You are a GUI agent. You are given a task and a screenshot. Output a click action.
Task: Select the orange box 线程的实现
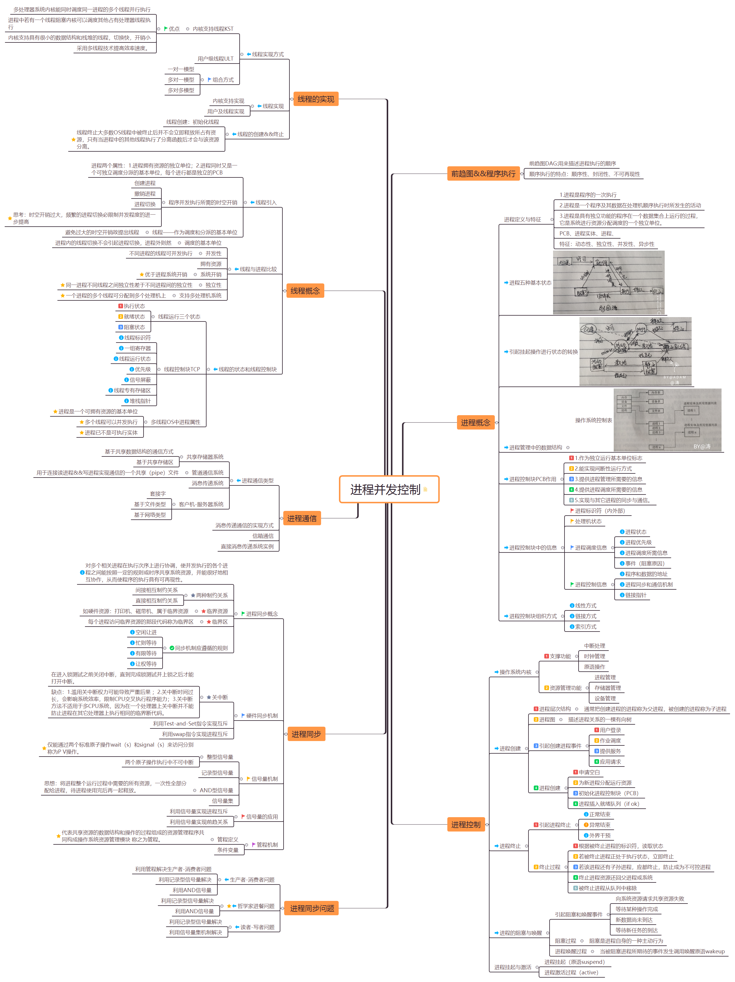click(x=315, y=99)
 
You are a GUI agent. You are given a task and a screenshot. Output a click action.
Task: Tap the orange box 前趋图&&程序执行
click(x=483, y=174)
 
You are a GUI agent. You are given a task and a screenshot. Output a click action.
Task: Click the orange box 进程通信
click(x=301, y=518)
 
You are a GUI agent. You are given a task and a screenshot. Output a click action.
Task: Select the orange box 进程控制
click(x=465, y=824)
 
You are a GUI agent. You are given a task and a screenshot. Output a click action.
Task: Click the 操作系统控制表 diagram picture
click(x=667, y=420)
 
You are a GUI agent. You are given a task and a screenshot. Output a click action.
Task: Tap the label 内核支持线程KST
click(x=213, y=29)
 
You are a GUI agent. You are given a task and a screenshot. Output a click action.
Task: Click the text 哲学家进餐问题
click(x=255, y=906)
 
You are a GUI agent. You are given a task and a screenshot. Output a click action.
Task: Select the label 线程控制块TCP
click(x=182, y=369)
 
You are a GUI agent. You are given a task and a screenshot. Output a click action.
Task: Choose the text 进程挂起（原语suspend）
click(x=574, y=962)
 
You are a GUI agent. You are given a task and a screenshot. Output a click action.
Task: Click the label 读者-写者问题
click(x=257, y=927)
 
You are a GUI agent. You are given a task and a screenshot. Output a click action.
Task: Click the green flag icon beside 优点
click(x=166, y=29)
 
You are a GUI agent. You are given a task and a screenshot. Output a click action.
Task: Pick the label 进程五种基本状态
click(x=530, y=283)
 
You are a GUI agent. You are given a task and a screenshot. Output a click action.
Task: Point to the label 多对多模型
click(x=181, y=90)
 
